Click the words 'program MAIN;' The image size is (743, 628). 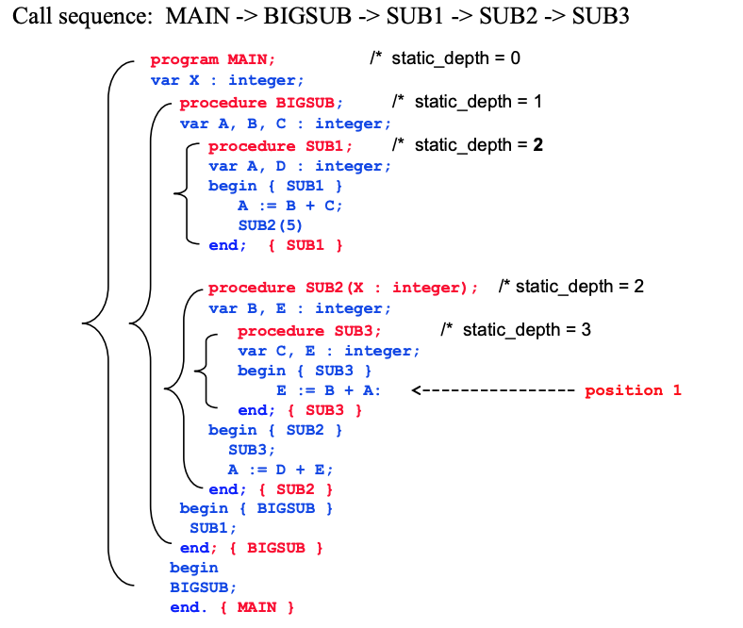coord(213,59)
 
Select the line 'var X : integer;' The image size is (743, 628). coord(226,80)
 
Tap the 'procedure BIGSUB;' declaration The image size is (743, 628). coord(261,103)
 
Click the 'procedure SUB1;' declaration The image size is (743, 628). coord(280,146)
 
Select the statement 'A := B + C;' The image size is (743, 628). coord(290,206)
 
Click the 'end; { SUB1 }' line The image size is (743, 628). coord(275,245)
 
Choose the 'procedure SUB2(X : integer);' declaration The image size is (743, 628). coord(343,288)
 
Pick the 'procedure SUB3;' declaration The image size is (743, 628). coord(309,331)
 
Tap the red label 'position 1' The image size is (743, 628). coord(633,390)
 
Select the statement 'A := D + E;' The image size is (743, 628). coord(280,470)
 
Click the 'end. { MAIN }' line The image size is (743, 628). coord(232,607)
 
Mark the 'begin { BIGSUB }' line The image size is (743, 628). coord(256,508)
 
